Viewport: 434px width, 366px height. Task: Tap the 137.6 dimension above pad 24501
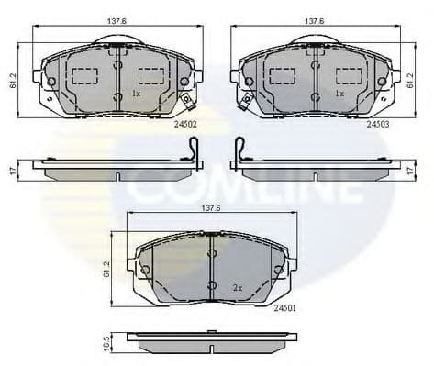(x=213, y=208)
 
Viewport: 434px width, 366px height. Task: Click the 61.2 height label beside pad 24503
(x=409, y=81)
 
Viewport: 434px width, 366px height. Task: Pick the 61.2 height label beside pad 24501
(x=108, y=268)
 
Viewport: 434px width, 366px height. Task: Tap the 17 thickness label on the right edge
(x=410, y=170)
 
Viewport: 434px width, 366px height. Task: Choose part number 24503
(x=377, y=122)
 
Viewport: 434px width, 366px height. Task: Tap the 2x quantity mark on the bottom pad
(x=237, y=287)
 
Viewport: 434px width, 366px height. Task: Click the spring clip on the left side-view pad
(x=192, y=150)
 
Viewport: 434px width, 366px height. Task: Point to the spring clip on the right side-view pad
(x=239, y=150)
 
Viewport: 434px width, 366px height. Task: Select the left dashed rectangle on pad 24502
(x=87, y=76)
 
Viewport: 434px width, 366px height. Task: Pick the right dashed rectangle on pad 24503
(x=348, y=76)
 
